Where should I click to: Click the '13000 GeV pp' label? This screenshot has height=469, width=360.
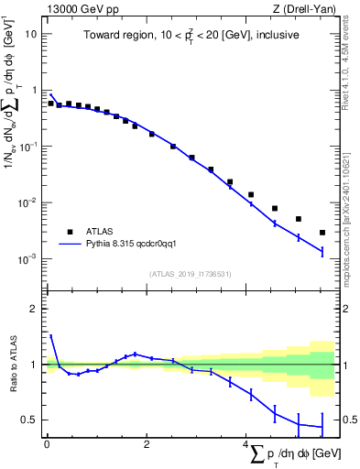pos(78,8)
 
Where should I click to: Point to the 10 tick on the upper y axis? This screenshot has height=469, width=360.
pos(31,34)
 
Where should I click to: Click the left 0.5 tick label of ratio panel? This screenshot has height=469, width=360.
pos(29,420)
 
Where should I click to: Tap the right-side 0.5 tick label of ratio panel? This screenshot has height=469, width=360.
pos(349,420)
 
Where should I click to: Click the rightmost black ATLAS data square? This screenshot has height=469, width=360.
pos(322,233)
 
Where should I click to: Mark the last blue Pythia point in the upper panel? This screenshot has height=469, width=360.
pos(322,251)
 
